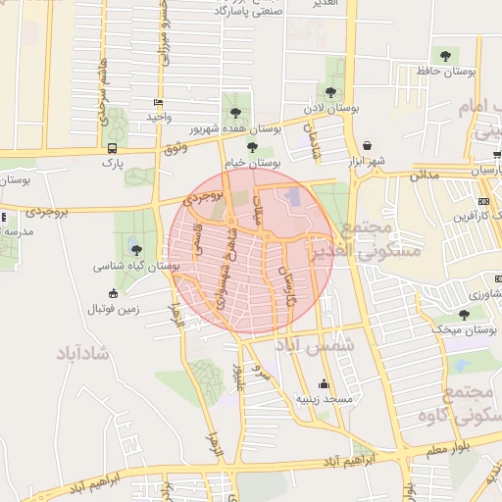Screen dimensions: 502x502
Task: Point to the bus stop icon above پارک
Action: point(112,148)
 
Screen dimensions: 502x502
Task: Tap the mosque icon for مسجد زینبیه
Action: point(325,383)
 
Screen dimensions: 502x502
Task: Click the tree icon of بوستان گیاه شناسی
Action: point(135,250)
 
